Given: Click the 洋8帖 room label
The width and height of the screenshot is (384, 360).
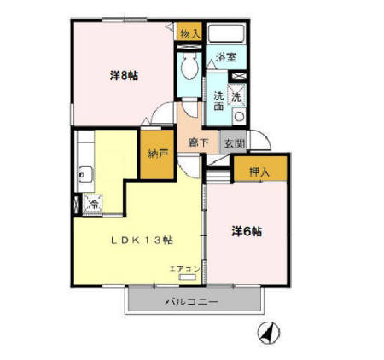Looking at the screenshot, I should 125,76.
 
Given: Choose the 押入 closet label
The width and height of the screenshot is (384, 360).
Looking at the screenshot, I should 259,171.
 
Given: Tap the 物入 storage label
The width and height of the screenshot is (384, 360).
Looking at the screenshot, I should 190,33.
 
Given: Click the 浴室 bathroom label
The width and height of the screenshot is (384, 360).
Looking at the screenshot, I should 226,57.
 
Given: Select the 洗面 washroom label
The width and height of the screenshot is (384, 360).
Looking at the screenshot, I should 218,102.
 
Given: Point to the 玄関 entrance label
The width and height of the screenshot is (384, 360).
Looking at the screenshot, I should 234,143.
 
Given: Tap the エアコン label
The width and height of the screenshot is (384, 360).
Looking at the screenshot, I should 183,270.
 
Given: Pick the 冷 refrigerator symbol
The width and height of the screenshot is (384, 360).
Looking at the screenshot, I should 92,204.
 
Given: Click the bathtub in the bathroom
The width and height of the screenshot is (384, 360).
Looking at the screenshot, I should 226,35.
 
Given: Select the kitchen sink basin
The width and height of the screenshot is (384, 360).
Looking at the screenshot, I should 84,175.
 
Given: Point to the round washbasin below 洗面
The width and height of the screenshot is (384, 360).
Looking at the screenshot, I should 240,116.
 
